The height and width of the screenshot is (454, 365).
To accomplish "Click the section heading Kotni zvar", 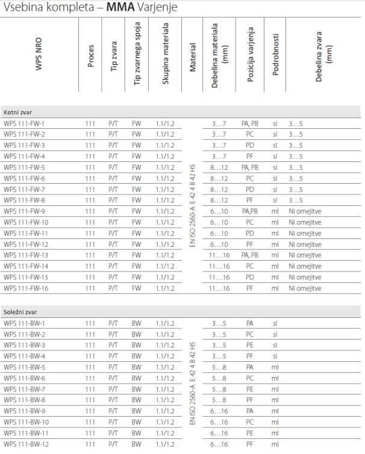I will coord(19,112).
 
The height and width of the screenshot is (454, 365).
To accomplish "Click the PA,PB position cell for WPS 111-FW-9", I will coord(250,211).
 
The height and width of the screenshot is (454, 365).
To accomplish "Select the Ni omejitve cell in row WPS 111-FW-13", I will coord(305,255).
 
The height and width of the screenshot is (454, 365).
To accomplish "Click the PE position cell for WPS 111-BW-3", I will coord(250,345).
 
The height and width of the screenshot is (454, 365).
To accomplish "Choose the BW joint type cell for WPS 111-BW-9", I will coord(137,411).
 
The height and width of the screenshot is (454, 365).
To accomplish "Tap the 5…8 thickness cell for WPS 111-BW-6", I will coord(220,378).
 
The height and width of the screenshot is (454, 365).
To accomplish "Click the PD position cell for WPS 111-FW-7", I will coord(250,189).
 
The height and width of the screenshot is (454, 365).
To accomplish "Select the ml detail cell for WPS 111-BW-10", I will coord(275,422).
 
